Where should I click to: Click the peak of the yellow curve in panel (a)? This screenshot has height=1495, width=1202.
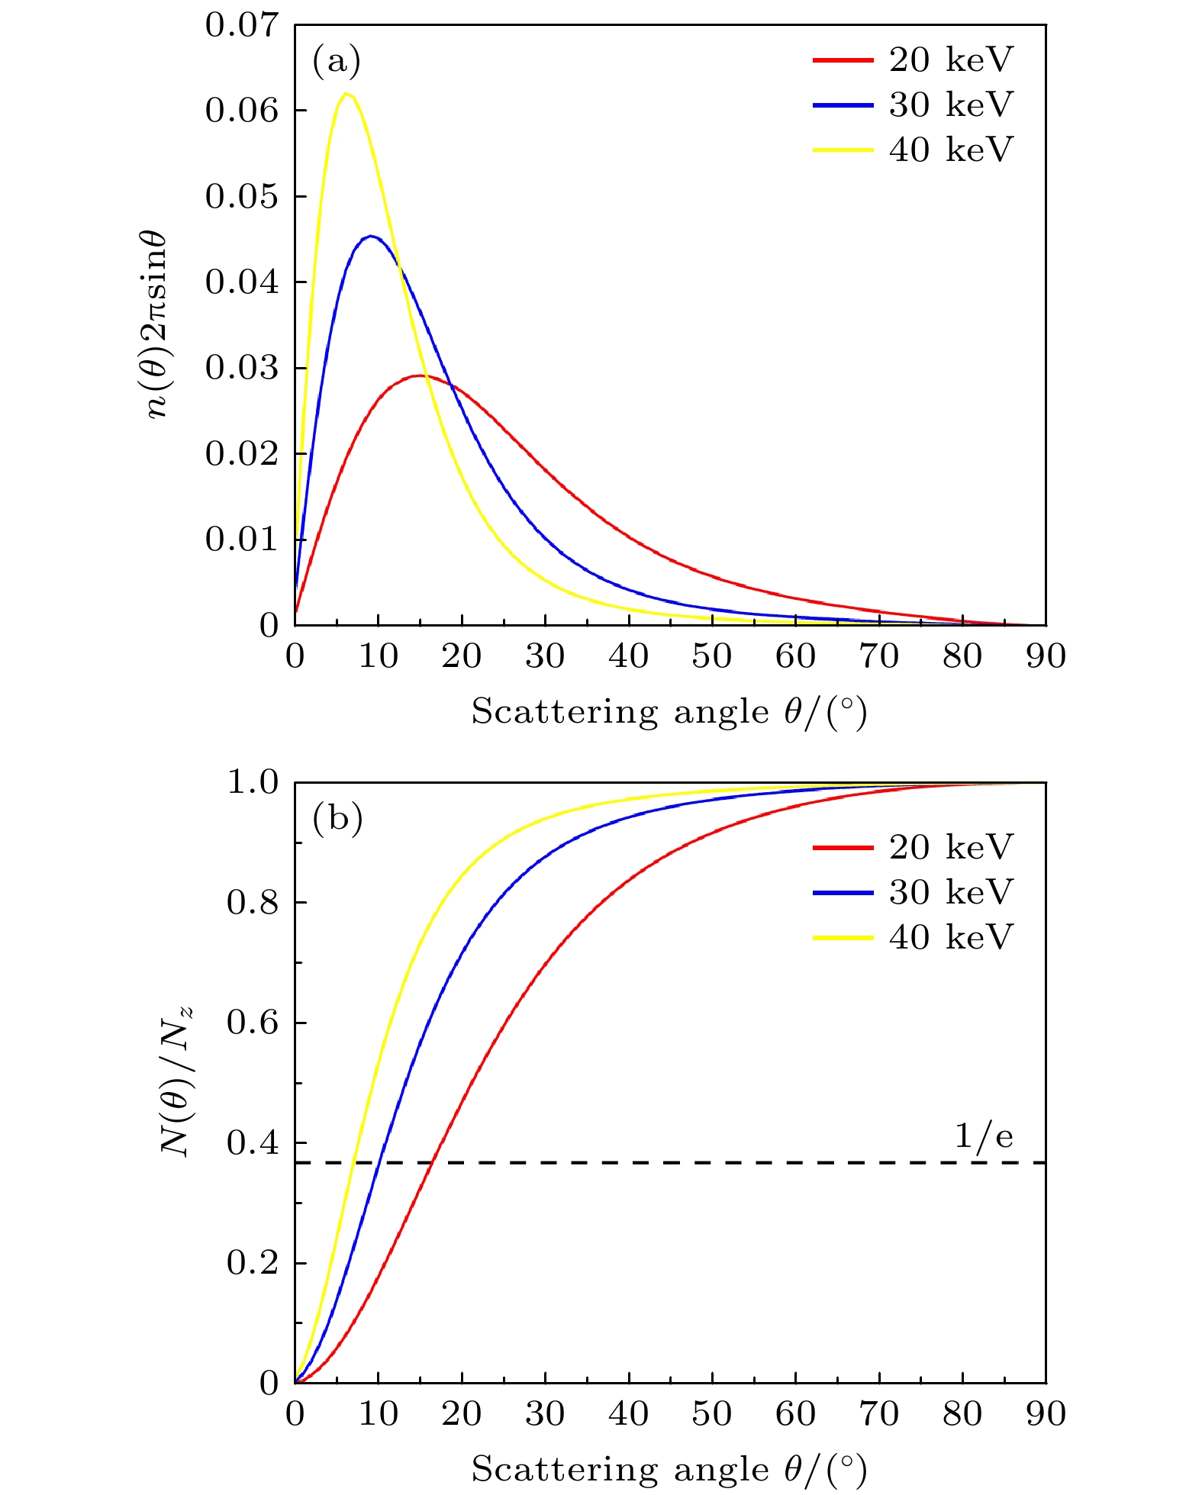tap(346, 93)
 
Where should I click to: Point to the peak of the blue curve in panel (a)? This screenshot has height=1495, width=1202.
tap(371, 236)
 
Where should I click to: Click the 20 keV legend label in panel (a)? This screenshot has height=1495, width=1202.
tap(951, 60)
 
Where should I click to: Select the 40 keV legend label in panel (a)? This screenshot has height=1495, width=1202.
tap(951, 149)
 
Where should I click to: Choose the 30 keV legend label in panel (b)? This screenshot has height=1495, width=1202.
tap(951, 892)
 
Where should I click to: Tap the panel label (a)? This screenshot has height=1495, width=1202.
tap(337, 61)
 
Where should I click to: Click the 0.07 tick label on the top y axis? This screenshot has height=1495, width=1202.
tap(242, 25)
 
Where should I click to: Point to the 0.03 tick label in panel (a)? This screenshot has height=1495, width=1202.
tap(242, 369)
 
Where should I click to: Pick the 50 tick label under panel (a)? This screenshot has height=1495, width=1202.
tap(711, 656)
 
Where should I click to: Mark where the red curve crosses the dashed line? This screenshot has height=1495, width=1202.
tap(431, 1162)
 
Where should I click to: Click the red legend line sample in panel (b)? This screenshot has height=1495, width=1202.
tap(843, 847)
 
